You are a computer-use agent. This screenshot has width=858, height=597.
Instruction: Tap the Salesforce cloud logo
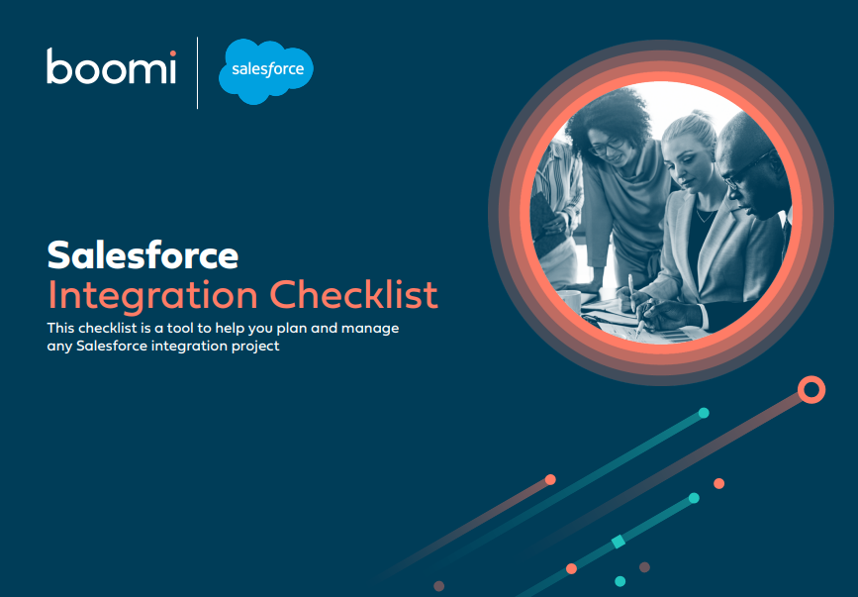(266, 70)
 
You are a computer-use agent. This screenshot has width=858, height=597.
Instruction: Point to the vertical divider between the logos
(198, 72)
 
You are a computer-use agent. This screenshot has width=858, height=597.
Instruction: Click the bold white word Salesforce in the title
(143, 256)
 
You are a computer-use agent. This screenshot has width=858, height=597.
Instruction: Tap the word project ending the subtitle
(255, 347)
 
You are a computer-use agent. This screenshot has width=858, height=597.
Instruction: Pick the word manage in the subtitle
(371, 328)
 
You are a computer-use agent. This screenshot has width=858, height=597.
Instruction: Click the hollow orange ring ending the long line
(811, 389)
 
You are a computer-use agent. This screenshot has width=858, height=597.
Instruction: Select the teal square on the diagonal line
(619, 541)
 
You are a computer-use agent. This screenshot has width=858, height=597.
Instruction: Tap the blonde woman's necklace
(704, 212)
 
